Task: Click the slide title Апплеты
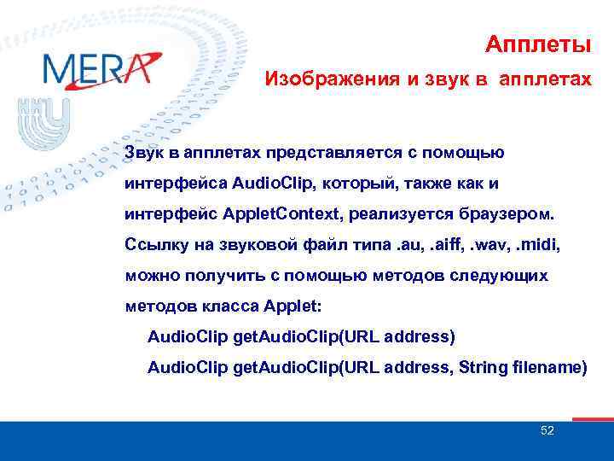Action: (x=537, y=43)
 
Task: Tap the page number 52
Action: (x=547, y=430)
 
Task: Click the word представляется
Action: (x=317, y=153)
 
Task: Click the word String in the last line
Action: (x=484, y=367)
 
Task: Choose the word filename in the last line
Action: (x=548, y=367)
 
